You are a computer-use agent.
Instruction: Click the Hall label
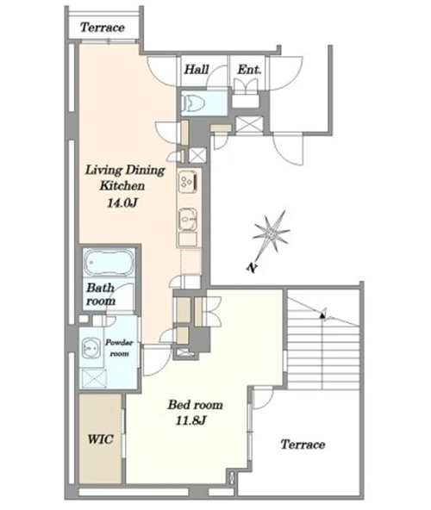click(x=197, y=69)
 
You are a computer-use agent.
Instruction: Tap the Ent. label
click(x=249, y=69)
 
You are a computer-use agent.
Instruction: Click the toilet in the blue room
click(x=194, y=103)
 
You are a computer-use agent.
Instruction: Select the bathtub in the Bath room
click(x=109, y=263)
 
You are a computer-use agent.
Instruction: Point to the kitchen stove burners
click(x=188, y=182)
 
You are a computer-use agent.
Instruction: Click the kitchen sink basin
click(x=188, y=220)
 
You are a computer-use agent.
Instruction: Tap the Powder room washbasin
click(x=91, y=348)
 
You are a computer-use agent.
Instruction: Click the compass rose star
click(x=271, y=233)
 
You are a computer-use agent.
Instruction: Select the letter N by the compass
click(x=252, y=268)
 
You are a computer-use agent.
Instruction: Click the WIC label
click(x=100, y=439)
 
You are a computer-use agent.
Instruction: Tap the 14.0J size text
click(x=122, y=203)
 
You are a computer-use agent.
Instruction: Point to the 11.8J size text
click(x=191, y=421)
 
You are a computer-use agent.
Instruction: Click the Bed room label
click(x=196, y=405)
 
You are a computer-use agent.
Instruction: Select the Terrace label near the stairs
click(x=303, y=445)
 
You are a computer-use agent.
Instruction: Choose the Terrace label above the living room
click(x=103, y=28)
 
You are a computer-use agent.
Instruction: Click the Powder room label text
click(x=119, y=348)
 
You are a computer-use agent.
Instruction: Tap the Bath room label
click(x=101, y=295)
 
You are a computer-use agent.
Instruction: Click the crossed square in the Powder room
click(x=93, y=378)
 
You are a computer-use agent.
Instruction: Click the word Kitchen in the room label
click(x=122, y=186)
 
